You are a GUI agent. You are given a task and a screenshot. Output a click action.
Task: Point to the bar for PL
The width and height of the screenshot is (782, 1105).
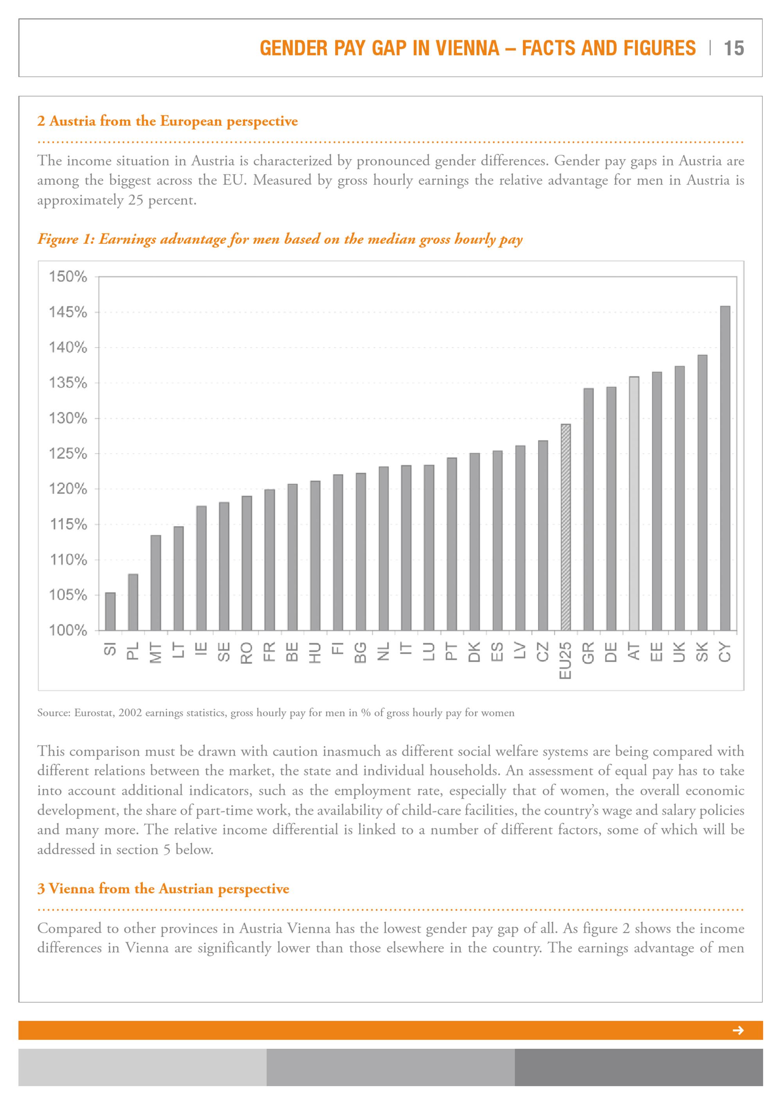[x=133, y=602]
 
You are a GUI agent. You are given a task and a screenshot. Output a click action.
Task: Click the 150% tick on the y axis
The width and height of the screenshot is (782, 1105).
[x=68, y=277]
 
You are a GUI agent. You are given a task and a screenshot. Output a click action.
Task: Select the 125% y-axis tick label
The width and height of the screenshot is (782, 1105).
[x=68, y=454]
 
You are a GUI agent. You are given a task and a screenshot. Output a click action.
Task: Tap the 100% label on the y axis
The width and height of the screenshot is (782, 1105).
[x=68, y=631]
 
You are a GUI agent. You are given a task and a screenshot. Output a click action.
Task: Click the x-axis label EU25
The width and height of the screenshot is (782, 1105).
[x=566, y=660]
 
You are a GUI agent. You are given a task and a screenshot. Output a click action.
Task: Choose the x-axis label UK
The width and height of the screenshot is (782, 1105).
[x=680, y=652]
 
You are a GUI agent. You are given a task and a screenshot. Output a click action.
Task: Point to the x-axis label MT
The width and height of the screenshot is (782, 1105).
[x=156, y=652]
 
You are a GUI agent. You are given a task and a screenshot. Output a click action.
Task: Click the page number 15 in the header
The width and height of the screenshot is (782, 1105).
[x=734, y=48]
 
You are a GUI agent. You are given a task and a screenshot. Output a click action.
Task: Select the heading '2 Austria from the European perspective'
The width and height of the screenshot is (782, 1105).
[x=168, y=121]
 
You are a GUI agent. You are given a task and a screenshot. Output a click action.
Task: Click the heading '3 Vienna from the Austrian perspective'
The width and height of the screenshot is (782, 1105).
[x=163, y=889]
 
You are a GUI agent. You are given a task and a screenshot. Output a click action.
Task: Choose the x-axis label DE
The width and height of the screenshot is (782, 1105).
[x=611, y=652]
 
